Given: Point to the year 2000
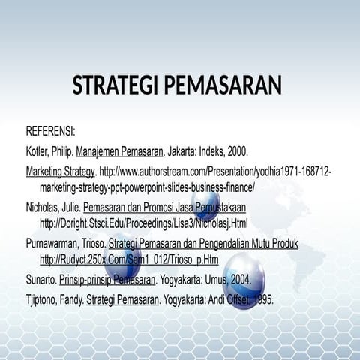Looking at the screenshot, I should [235, 150].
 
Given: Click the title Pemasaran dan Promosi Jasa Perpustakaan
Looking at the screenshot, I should [164, 206].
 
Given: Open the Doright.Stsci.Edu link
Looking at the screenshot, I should [143, 223].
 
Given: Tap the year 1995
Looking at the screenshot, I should [262, 299].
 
